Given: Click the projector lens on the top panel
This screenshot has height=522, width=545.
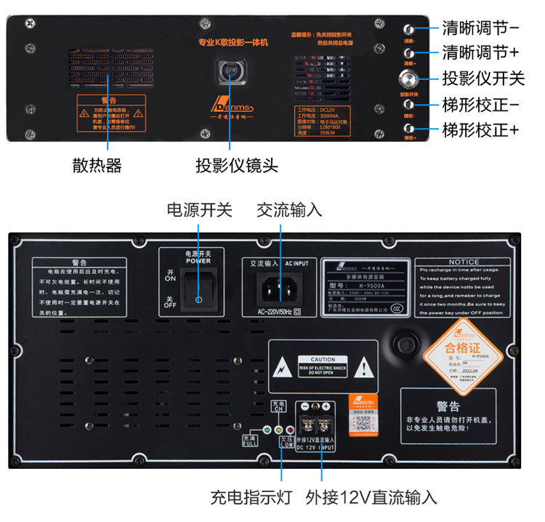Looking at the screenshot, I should pos(233,73).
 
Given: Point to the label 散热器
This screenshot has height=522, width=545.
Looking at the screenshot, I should pos(97,166).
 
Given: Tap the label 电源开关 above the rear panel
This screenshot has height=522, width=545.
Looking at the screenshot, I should pos(199,210).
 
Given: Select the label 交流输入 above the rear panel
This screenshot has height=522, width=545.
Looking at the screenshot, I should pos(289,210).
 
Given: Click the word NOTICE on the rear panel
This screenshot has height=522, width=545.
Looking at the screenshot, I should pos(464,262).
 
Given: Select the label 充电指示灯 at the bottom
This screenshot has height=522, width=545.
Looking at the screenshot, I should pos(251,498).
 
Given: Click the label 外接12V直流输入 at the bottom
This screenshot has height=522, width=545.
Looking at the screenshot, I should pos(371,498).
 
